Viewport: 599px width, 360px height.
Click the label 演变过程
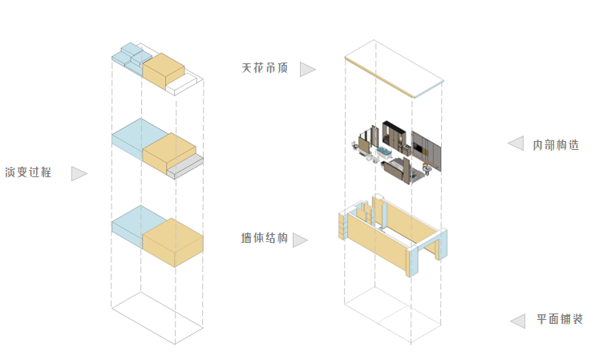pos(28,172)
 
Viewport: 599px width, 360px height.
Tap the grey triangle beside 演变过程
pos(78,173)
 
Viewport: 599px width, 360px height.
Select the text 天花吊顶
pos(264,69)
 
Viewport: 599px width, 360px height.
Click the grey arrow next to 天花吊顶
pos(306,70)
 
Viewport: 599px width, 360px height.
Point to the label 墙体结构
pos(264,239)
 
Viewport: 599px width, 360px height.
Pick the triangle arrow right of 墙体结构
pos(300,240)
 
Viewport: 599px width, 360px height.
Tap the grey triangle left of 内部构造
pos(516,144)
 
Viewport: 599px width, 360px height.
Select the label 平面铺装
pos(560,320)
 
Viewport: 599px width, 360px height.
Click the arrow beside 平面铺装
pos(517,321)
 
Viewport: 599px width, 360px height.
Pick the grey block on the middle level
pos(189,166)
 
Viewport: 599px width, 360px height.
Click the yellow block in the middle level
pos(168,153)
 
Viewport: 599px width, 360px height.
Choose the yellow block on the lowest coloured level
pos(172,241)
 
